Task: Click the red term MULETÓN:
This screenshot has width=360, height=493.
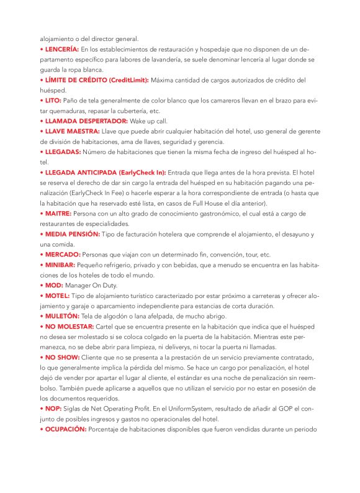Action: [63, 316]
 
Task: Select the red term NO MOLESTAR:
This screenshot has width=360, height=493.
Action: [71, 326]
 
